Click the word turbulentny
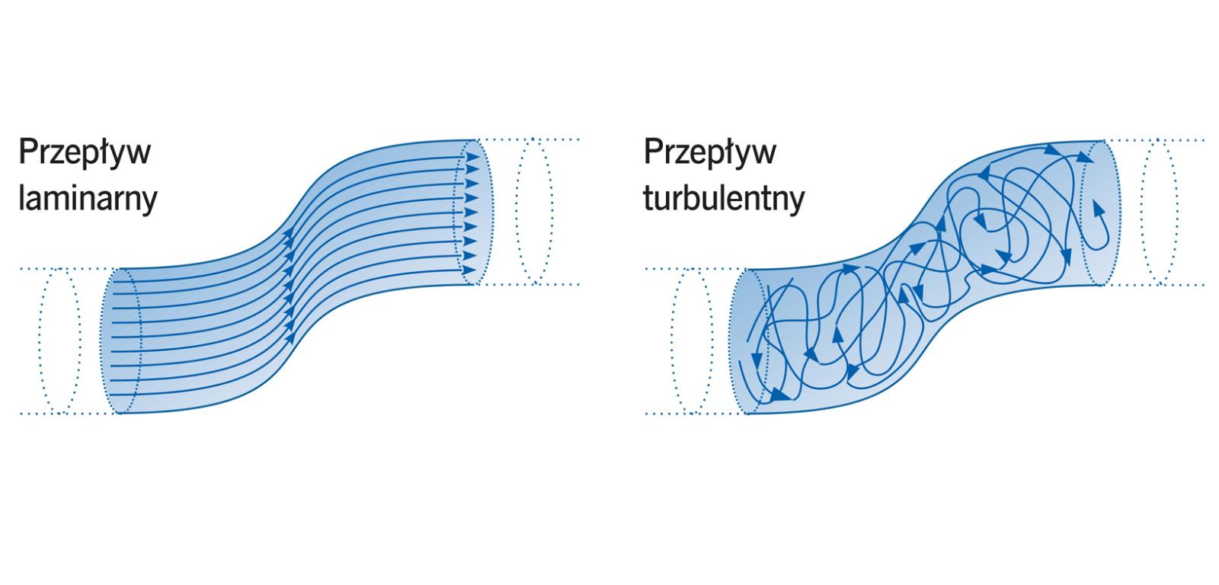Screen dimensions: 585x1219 coord(724,198)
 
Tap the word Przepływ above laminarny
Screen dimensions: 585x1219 coord(85,151)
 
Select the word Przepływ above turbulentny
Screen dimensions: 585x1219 coord(710,151)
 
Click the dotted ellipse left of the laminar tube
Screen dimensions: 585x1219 coord(60,341)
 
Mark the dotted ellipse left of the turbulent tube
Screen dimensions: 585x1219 coord(688,341)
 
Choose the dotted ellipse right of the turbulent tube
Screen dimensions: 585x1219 coord(1160,212)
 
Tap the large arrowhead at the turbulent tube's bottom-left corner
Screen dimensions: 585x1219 coord(778,396)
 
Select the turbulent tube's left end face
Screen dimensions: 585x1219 coord(750,341)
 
